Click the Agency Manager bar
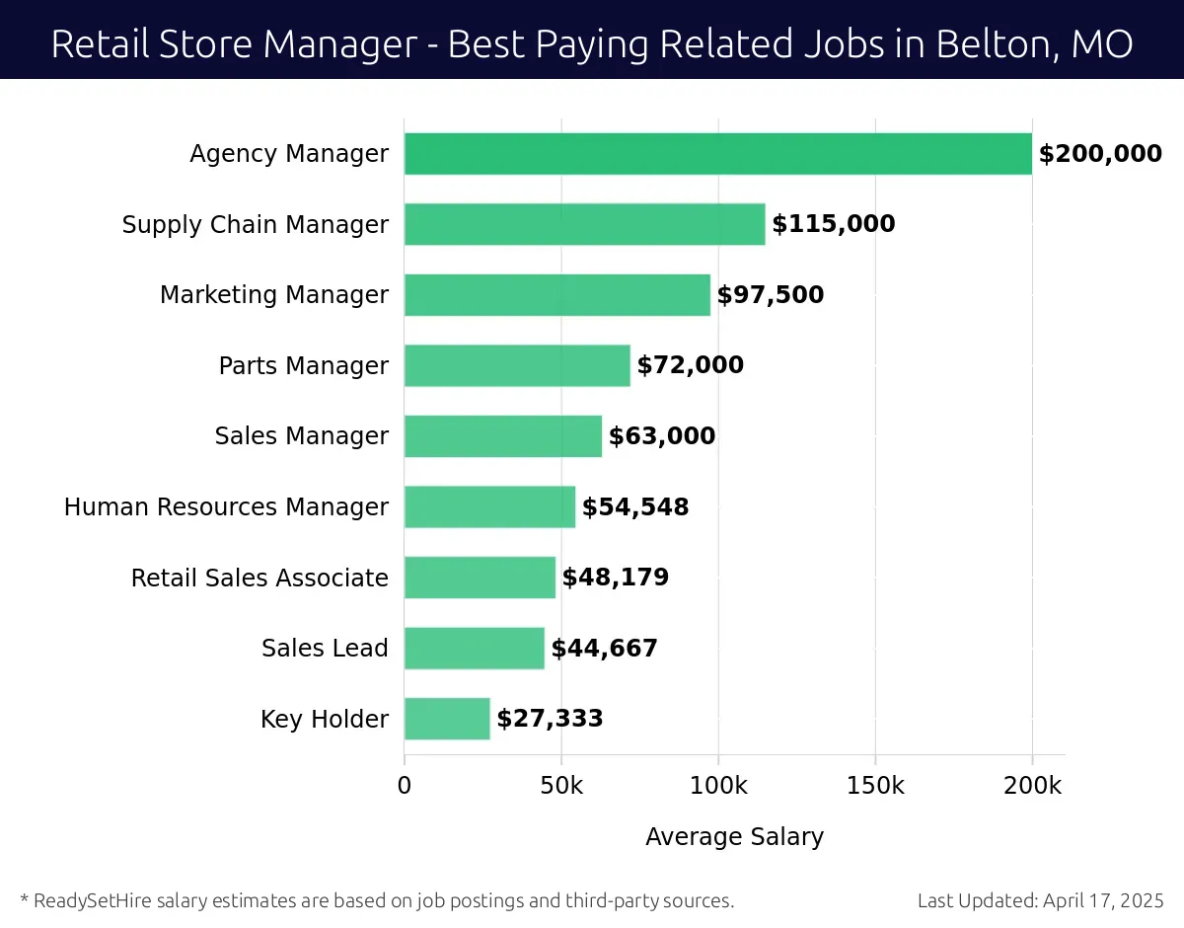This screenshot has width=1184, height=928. [x=717, y=154]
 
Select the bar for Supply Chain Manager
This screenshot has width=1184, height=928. [x=584, y=224]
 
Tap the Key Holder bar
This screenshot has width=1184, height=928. [x=447, y=719]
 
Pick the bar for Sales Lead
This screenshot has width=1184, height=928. [x=474, y=649]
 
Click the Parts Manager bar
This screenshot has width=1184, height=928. [x=517, y=365]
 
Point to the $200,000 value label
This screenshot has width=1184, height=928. [x=1100, y=154]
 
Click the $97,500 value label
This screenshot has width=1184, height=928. [x=770, y=295]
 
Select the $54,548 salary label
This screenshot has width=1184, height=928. [x=635, y=507]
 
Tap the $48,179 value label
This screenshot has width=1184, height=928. [x=616, y=578]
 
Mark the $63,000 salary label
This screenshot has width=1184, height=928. [x=662, y=436]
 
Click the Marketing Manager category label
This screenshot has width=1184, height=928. [x=274, y=295]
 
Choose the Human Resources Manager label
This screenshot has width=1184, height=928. [x=226, y=507]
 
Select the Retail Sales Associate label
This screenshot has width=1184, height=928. [x=259, y=578]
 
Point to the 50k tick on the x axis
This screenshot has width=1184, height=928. [x=561, y=786]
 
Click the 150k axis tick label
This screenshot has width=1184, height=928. [x=875, y=786]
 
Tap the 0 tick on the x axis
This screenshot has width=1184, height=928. [x=405, y=786]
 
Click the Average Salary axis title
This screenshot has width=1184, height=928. [x=734, y=837]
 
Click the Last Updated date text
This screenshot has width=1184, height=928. [x=1040, y=900]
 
